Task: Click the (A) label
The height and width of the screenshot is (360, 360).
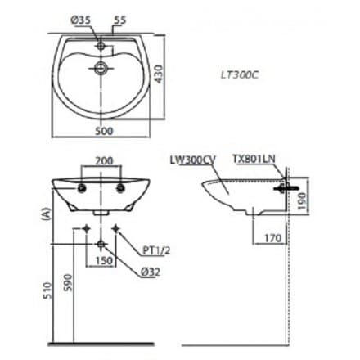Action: [x=41, y=214]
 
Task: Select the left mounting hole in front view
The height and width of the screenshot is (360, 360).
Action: [x=82, y=187]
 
